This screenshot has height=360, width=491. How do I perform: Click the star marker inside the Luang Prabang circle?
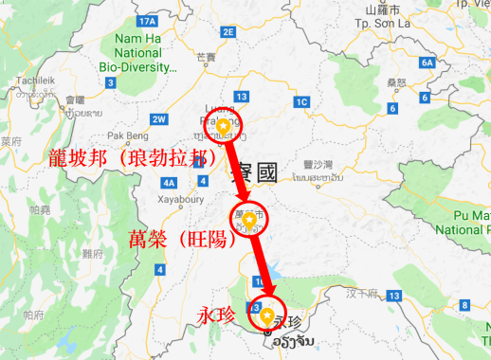[223, 124]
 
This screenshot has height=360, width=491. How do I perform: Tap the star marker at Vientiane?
[267, 315]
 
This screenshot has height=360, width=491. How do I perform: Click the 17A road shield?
[146, 20]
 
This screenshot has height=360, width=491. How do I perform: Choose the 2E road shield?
[227, 31]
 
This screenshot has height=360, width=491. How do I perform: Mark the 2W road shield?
[159, 119]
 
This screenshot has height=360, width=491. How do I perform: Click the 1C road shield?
[302, 101]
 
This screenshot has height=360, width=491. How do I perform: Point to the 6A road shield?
[427, 63]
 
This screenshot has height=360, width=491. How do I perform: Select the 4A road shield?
[170, 182]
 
